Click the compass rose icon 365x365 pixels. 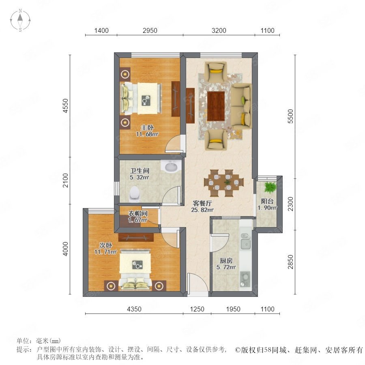coord(20,20)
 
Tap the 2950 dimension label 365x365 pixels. coord(150,30)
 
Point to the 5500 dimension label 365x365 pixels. coord(290,116)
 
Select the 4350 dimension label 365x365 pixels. coord(134,309)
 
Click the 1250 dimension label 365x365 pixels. coord(197,309)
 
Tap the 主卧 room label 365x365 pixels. coord(147,128)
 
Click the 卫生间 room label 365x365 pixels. coord(140,171)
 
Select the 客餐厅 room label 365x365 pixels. coord(202,203)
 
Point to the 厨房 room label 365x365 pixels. coord(226,261)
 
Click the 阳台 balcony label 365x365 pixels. coord(267,201)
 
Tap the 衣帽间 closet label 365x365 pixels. coord(138,213)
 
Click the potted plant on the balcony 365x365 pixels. coord(270,187)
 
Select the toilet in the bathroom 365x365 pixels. coord(135,194)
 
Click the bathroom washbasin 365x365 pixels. coord(171,166)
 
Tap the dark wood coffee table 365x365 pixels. coord(216,106)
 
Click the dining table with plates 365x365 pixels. coord(223,183)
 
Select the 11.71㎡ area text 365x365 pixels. coord(105,251)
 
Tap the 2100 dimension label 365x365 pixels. coord(66,180)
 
